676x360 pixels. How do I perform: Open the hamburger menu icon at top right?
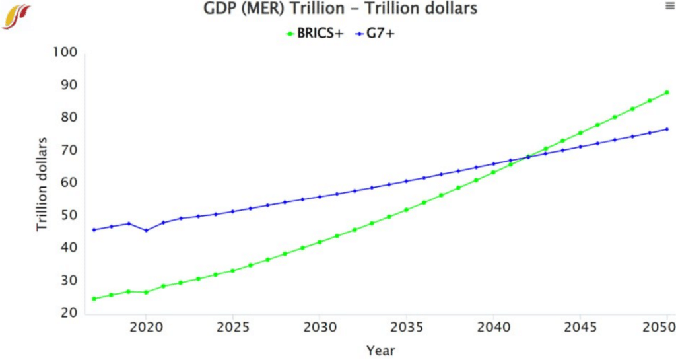(668, 6)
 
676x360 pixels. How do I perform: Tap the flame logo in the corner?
(16, 16)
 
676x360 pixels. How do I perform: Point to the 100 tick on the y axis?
(65, 52)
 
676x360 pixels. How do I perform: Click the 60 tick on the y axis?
(69, 182)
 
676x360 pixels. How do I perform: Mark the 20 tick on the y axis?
(69, 312)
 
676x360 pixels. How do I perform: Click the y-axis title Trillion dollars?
(42, 184)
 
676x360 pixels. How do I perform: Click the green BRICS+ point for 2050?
(667, 92)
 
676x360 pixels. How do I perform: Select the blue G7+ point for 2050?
(667, 129)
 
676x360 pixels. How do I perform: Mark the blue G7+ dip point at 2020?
(146, 231)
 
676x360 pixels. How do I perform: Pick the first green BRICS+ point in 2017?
(94, 299)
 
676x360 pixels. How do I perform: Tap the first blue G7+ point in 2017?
(94, 230)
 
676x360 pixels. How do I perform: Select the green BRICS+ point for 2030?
(320, 242)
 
